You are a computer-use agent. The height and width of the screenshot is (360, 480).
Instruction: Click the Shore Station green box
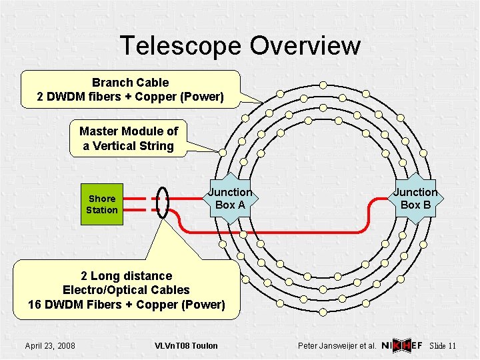tap(102, 204)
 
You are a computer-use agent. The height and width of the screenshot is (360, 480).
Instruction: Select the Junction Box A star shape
tap(230, 198)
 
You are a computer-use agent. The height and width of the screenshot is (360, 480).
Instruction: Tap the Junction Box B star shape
tap(415, 198)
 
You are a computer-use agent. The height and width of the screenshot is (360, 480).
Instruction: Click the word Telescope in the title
tap(181, 45)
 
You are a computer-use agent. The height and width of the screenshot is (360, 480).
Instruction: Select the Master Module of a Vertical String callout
tap(129, 139)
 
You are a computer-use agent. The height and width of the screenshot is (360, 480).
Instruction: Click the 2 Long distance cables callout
tap(126, 290)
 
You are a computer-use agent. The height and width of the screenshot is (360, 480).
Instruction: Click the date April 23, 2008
tap(50, 345)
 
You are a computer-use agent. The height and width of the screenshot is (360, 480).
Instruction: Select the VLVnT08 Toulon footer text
tap(186, 345)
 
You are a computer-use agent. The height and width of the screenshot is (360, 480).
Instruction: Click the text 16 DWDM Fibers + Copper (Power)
tap(126, 305)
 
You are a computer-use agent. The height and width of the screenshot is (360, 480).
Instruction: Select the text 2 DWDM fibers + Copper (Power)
tap(130, 97)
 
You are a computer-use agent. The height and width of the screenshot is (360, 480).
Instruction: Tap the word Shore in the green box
tap(102, 199)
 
